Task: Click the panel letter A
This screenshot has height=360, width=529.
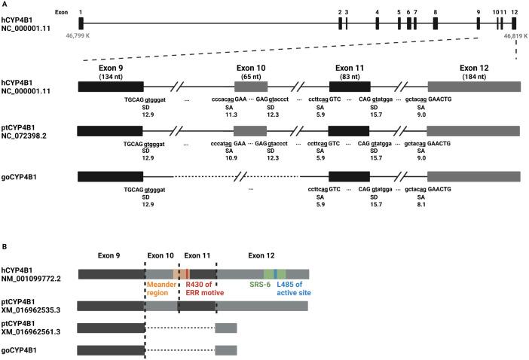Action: [x=5, y=5]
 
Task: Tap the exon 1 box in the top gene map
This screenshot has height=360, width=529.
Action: [x=81, y=23]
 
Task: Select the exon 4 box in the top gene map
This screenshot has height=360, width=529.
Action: [x=377, y=23]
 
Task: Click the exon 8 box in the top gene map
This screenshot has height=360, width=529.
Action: [x=435, y=23]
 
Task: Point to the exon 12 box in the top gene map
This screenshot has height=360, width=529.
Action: [x=514, y=23]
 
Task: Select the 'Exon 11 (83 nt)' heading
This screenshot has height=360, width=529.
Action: [x=349, y=70]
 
